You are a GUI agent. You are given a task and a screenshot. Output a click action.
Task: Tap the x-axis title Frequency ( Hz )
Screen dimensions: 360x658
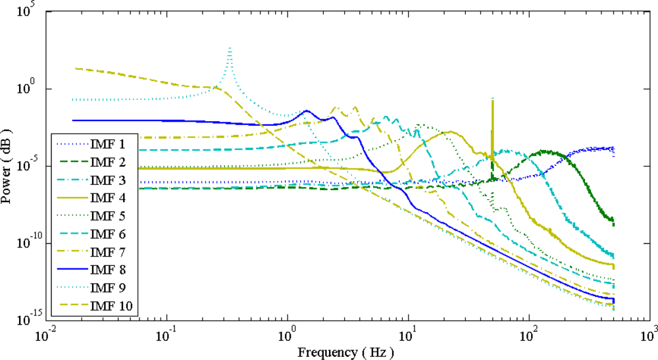(345, 352)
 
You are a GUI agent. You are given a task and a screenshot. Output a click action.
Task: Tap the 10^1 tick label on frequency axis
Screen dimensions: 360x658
(408, 334)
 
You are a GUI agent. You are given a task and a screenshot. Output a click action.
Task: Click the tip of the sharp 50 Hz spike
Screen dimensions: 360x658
(492, 99)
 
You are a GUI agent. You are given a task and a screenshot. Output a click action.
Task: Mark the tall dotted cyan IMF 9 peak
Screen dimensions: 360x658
(229, 47)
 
